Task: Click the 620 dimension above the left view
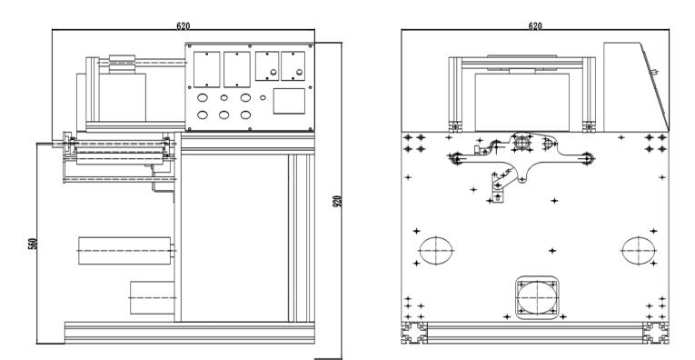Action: [x=183, y=25]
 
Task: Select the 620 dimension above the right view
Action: [x=535, y=25]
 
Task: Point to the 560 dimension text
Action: [x=33, y=244]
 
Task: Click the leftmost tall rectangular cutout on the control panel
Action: [x=206, y=69]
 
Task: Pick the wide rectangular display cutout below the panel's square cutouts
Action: [x=289, y=101]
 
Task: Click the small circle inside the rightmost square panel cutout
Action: [x=299, y=72]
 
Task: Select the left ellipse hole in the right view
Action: [x=436, y=251]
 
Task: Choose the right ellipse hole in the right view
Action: [x=639, y=251]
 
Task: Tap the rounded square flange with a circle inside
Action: [x=537, y=297]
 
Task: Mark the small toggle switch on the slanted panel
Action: [x=654, y=71]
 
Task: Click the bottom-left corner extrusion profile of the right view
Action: [x=414, y=333]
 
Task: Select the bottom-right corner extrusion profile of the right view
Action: [x=656, y=333]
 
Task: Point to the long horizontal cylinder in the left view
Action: [x=124, y=251]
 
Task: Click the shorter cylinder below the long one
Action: [x=152, y=297]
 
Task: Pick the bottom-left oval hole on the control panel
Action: [x=202, y=115]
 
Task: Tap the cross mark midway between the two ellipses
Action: [x=551, y=251]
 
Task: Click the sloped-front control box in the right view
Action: [x=635, y=87]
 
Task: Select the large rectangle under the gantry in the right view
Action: [x=522, y=103]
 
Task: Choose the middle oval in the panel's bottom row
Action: [x=223, y=115]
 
